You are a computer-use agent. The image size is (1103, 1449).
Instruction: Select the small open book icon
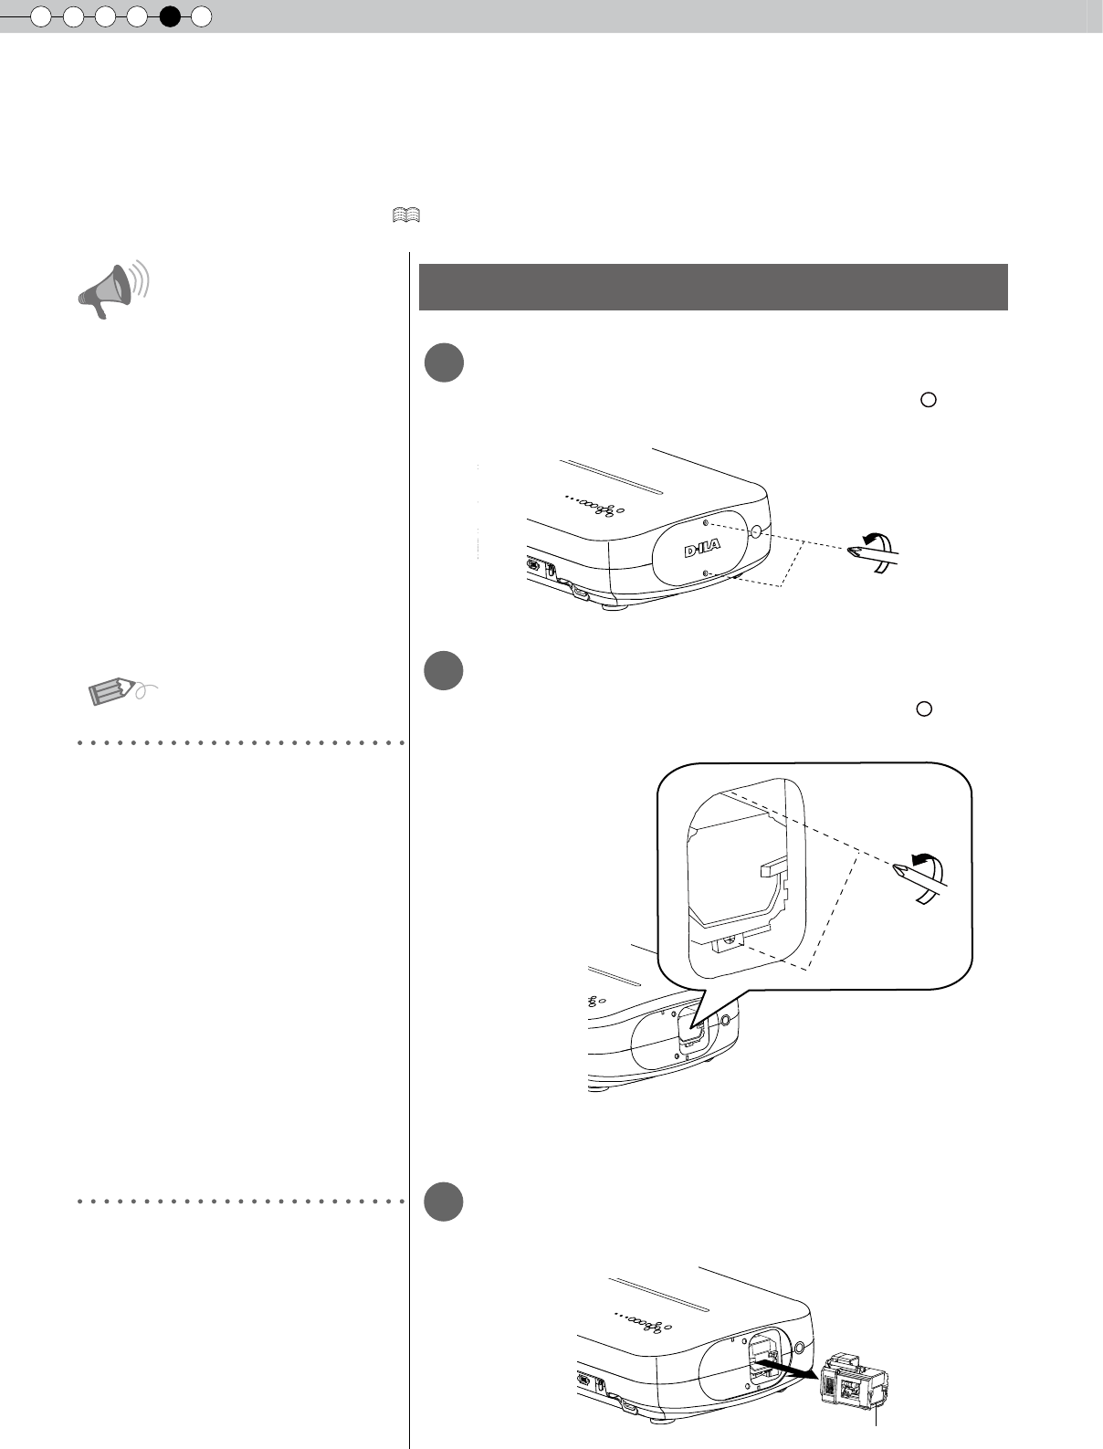(x=406, y=215)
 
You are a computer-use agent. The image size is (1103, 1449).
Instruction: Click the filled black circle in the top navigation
(x=169, y=16)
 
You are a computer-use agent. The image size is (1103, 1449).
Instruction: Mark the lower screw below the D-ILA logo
(x=707, y=573)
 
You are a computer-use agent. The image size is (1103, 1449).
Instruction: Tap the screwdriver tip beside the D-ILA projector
(x=855, y=551)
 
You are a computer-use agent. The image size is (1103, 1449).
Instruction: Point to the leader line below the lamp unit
(x=877, y=1429)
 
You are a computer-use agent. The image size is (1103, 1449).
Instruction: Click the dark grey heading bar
(x=712, y=288)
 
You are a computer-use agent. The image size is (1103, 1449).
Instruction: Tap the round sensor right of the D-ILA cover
(x=756, y=530)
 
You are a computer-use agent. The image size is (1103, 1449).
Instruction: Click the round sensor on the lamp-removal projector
(x=799, y=1347)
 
